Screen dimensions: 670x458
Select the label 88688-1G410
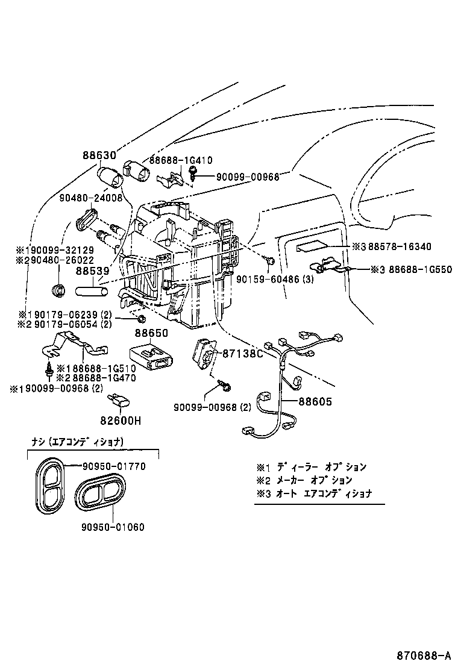tap(180, 160)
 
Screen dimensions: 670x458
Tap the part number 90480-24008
tap(90, 197)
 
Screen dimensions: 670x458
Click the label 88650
tap(151, 333)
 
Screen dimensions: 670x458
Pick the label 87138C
tap(243, 354)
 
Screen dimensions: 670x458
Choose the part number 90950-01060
tap(113, 527)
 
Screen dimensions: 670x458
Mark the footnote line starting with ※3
tap(313, 493)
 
